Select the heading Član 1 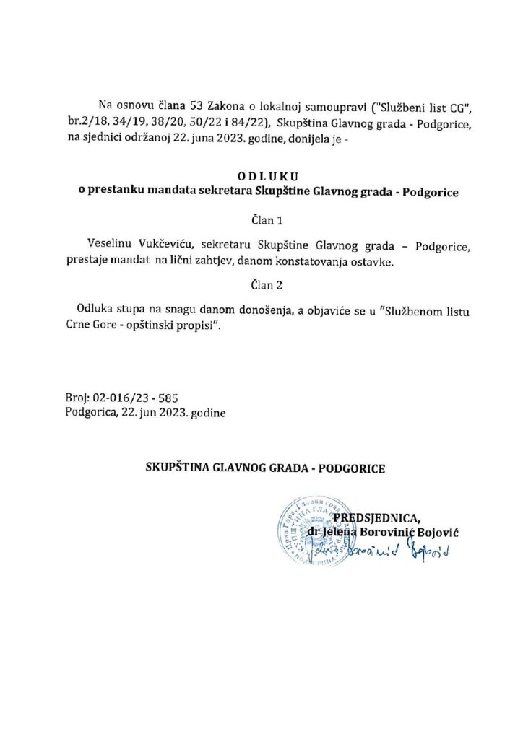261,219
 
